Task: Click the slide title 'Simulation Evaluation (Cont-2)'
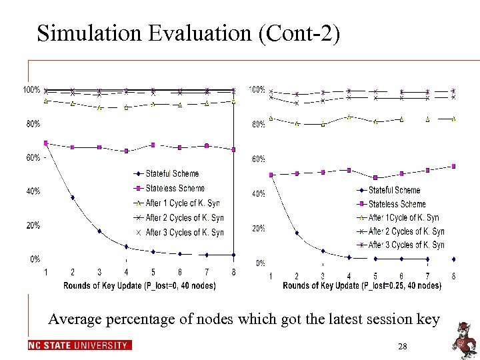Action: click(189, 33)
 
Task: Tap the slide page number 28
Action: click(402, 346)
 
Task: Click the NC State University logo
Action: click(80, 345)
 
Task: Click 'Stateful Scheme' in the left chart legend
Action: click(172, 174)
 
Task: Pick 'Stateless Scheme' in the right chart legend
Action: click(397, 204)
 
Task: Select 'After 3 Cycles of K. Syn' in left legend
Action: click(184, 233)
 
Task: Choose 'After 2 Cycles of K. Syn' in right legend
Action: click(406, 231)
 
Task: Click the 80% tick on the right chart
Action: click(257, 125)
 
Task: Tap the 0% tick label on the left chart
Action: click(35, 259)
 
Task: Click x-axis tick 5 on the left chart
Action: click(153, 272)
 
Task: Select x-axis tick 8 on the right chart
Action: click(453, 276)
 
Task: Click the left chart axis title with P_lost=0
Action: click(139, 285)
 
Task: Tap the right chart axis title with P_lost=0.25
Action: click(362, 286)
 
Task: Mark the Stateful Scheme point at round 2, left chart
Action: click(73, 197)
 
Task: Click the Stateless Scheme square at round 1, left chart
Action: click(45, 143)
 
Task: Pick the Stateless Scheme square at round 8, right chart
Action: click(453, 166)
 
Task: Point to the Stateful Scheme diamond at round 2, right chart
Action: click(297, 233)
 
